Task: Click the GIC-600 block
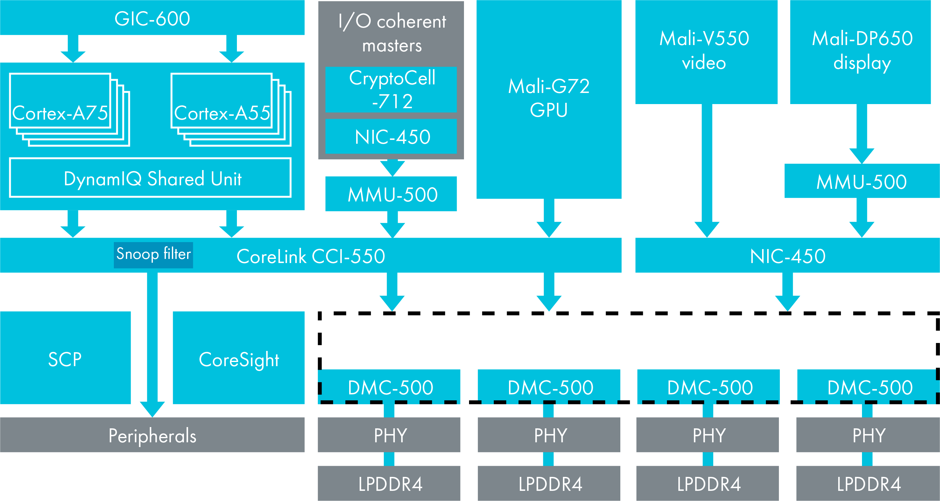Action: [x=152, y=18]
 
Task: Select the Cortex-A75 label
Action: [x=60, y=113]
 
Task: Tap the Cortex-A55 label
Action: [x=222, y=113]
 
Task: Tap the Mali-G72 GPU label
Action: [x=549, y=98]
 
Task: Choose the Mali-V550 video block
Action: [x=704, y=51]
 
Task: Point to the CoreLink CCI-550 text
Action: [x=311, y=256]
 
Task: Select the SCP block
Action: [x=65, y=359]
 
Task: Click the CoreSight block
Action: [x=239, y=359]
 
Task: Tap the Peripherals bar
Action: [x=152, y=435]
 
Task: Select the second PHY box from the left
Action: [x=550, y=435]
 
